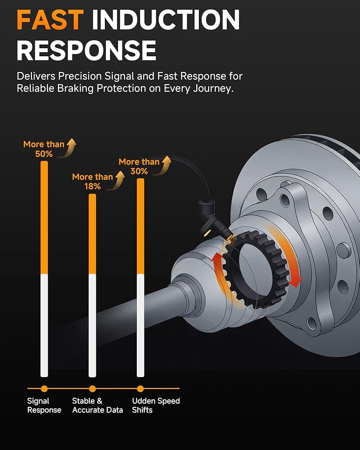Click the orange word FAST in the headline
point(50,20)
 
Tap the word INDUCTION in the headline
point(166,20)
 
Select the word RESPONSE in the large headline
point(86,50)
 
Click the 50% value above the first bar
point(44,154)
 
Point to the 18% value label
point(92,186)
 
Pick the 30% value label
point(139,171)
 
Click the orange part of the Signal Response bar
point(44,217)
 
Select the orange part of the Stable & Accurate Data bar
point(92,234)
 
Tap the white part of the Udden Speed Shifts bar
point(140,325)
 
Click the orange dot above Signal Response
point(44,389)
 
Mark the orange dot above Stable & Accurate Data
point(92,389)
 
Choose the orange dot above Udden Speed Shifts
point(140,389)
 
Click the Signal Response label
point(44,405)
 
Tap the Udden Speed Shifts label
point(156,405)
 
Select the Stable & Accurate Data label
point(98,405)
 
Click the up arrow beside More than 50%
point(69,148)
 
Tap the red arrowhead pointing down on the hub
point(295,283)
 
